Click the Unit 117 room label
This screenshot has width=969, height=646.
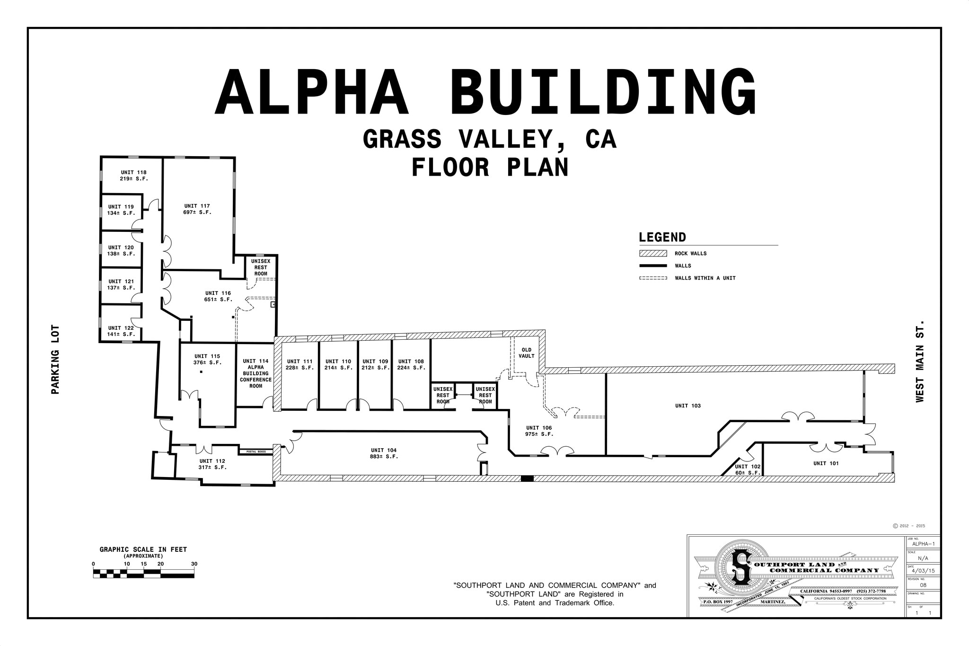click(x=197, y=209)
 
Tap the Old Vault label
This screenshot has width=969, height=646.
click(x=526, y=353)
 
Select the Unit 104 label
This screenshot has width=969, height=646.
click(x=384, y=453)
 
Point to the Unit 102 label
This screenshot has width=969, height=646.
click(x=748, y=469)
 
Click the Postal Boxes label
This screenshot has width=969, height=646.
click(x=256, y=452)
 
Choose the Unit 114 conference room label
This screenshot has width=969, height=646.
click(x=255, y=373)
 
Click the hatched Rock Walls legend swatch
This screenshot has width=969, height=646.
click(x=653, y=254)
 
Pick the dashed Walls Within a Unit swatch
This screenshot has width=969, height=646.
click(x=653, y=278)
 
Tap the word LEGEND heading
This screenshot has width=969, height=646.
click(x=662, y=238)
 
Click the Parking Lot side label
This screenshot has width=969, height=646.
click(x=55, y=360)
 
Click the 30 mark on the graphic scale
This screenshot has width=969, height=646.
click(x=194, y=564)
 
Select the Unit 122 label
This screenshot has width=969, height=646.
click(x=121, y=331)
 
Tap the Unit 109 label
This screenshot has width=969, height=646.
click(x=375, y=364)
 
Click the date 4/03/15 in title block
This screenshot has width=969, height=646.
click(x=922, y=571)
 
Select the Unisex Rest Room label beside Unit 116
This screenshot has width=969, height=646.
click(x=261, y=267)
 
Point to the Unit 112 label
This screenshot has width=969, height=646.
click(x=212, y=464)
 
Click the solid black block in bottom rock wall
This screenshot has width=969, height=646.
click(x=527, y=478)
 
